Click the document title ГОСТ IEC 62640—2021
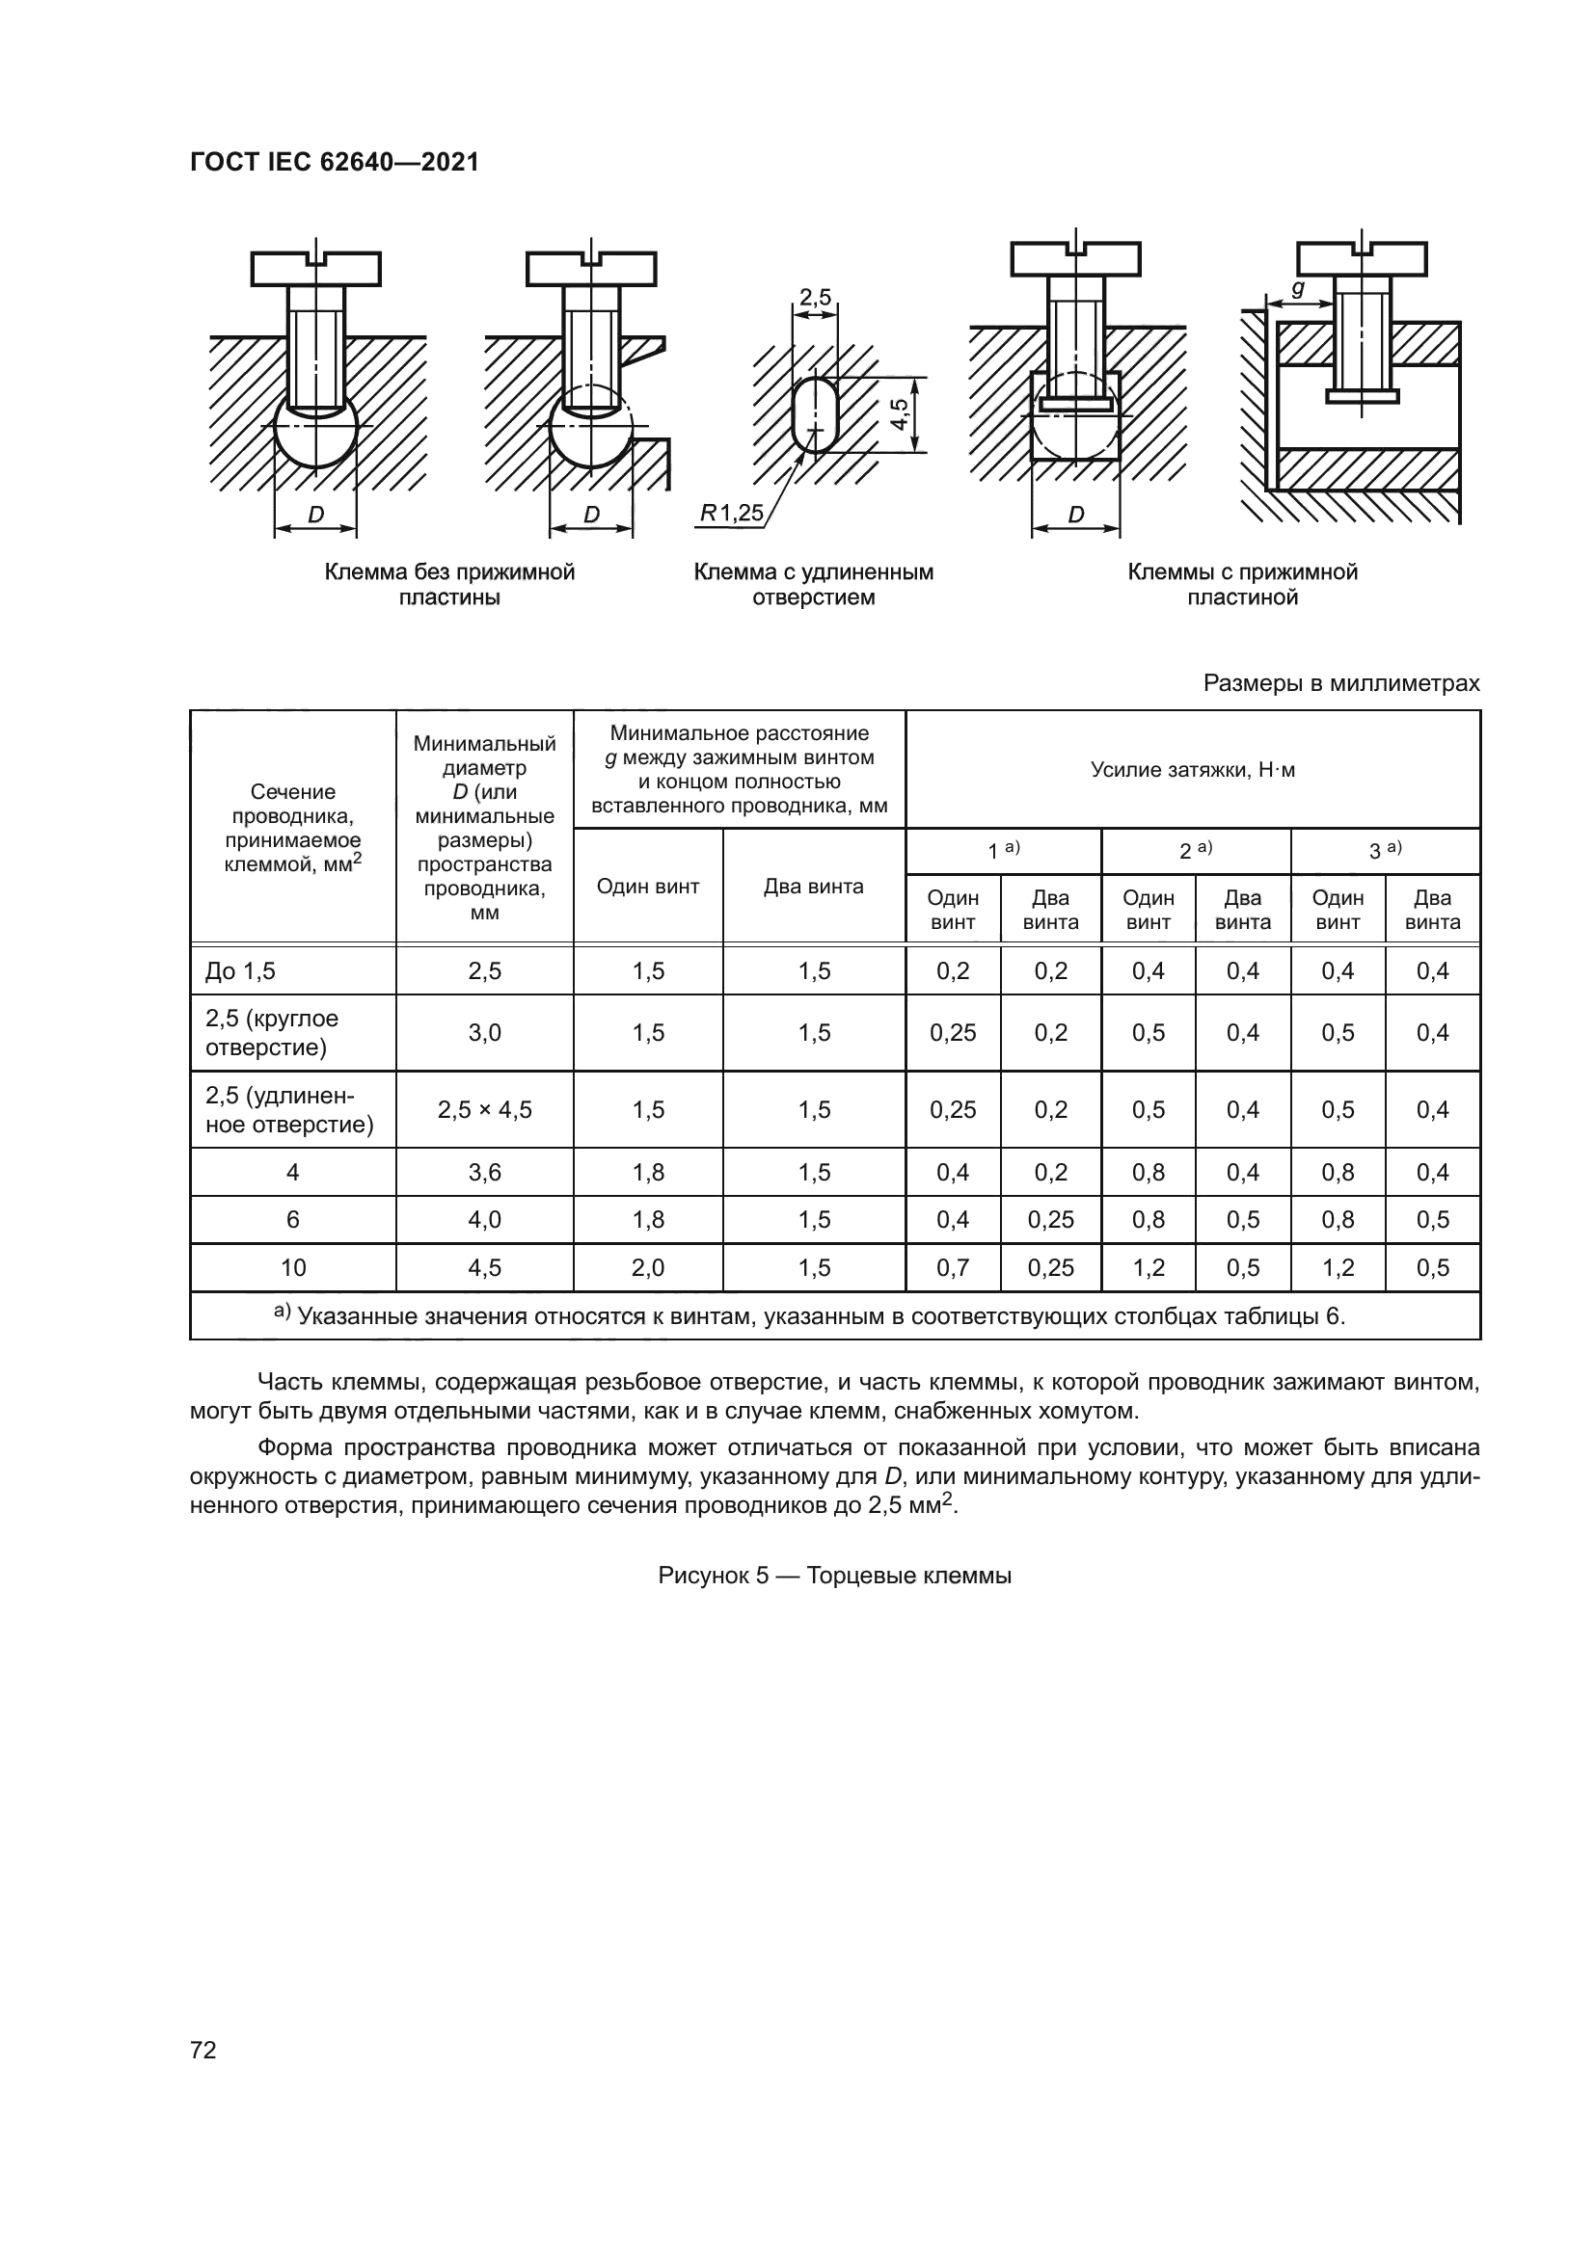click(334, 162)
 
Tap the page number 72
click(203, 2050)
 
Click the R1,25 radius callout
click(731, 513)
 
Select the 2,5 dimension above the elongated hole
click(814, 297)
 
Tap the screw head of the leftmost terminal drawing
click(315, 268)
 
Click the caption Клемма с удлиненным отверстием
click(813, 584)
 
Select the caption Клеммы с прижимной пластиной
click(1241, 584)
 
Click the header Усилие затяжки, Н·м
click(1192, 770)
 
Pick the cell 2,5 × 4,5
click(484, 1109)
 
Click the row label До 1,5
click(241, 971)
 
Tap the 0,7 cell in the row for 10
click(953, 1267)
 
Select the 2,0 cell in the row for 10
click(648, 1267)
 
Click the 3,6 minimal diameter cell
click(484, 1172)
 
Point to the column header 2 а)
click(1195, 850)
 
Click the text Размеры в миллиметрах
click(1340, 683)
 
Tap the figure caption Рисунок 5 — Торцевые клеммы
click(835, 1576)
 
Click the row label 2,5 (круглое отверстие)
click(272, 1033)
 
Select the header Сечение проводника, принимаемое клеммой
click(293, 828)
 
